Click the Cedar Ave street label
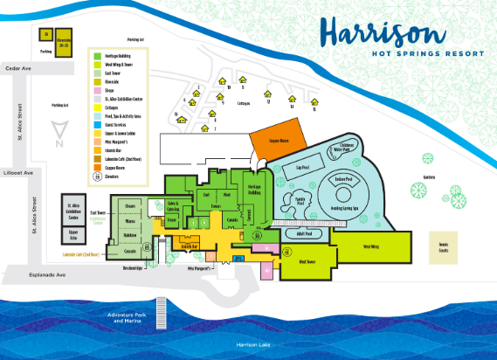(x=18, y=66)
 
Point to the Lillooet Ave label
(x=18, y=172)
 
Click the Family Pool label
(x=300, y=199)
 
